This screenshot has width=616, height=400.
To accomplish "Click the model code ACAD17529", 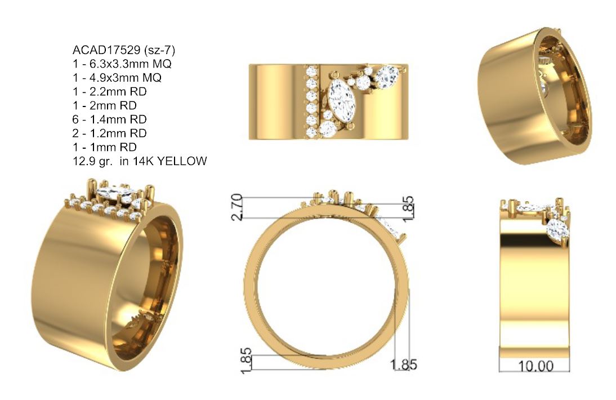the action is (x=106, y=50).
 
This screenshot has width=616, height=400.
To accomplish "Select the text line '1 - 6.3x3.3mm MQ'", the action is (x=122, y=64).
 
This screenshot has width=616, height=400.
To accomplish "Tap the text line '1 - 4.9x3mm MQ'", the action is (x=117, y=77).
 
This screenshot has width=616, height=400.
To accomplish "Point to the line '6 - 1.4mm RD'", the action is (x=110, y=119).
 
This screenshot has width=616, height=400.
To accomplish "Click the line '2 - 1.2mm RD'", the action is (x=110, y=133).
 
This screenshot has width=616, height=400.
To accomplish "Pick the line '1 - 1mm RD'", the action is (x=105, y=147).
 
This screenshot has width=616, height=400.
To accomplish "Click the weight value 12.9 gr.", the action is (x=93, y=161).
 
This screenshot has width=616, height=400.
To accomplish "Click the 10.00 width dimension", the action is (x=536, y=366).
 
